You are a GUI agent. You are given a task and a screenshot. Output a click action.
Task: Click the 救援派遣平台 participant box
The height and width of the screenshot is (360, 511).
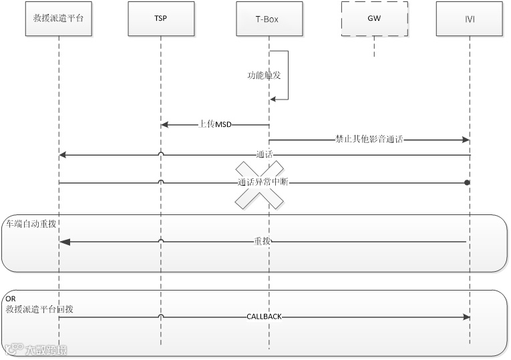[x=59, y=19]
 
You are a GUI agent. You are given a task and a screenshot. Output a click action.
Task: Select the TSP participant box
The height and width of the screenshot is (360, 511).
[x=160, y=19]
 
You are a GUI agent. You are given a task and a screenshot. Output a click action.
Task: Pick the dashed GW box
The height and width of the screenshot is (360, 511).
[x=373, y=19]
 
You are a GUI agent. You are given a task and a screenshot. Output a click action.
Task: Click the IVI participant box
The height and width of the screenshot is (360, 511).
[x=470, y=19]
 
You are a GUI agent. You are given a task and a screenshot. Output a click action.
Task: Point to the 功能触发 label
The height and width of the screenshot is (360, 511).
[x=264, y=75]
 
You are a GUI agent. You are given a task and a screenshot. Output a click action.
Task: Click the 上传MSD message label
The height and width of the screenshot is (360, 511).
[x=214, y=124]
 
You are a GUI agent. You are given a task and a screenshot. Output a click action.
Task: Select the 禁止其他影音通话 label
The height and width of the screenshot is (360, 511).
[x=369, y=140]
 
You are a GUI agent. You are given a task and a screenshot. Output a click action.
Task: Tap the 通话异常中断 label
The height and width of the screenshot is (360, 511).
[x=263, y=182]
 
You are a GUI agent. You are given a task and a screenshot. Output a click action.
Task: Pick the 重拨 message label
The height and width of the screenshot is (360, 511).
[x=261, y=241]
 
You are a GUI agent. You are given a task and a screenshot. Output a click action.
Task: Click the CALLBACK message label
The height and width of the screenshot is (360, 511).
[x=264, y=317]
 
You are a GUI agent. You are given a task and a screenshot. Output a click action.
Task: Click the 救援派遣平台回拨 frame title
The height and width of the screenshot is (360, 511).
[x=39, y=309]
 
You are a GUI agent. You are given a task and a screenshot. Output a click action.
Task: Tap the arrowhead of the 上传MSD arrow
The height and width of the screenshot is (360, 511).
[x=164, y=125]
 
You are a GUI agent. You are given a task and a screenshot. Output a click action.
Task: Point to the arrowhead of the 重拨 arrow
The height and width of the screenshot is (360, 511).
[x=63, y=242]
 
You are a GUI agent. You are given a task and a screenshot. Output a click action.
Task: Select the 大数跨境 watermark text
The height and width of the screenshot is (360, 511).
[x=45, y=349]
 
